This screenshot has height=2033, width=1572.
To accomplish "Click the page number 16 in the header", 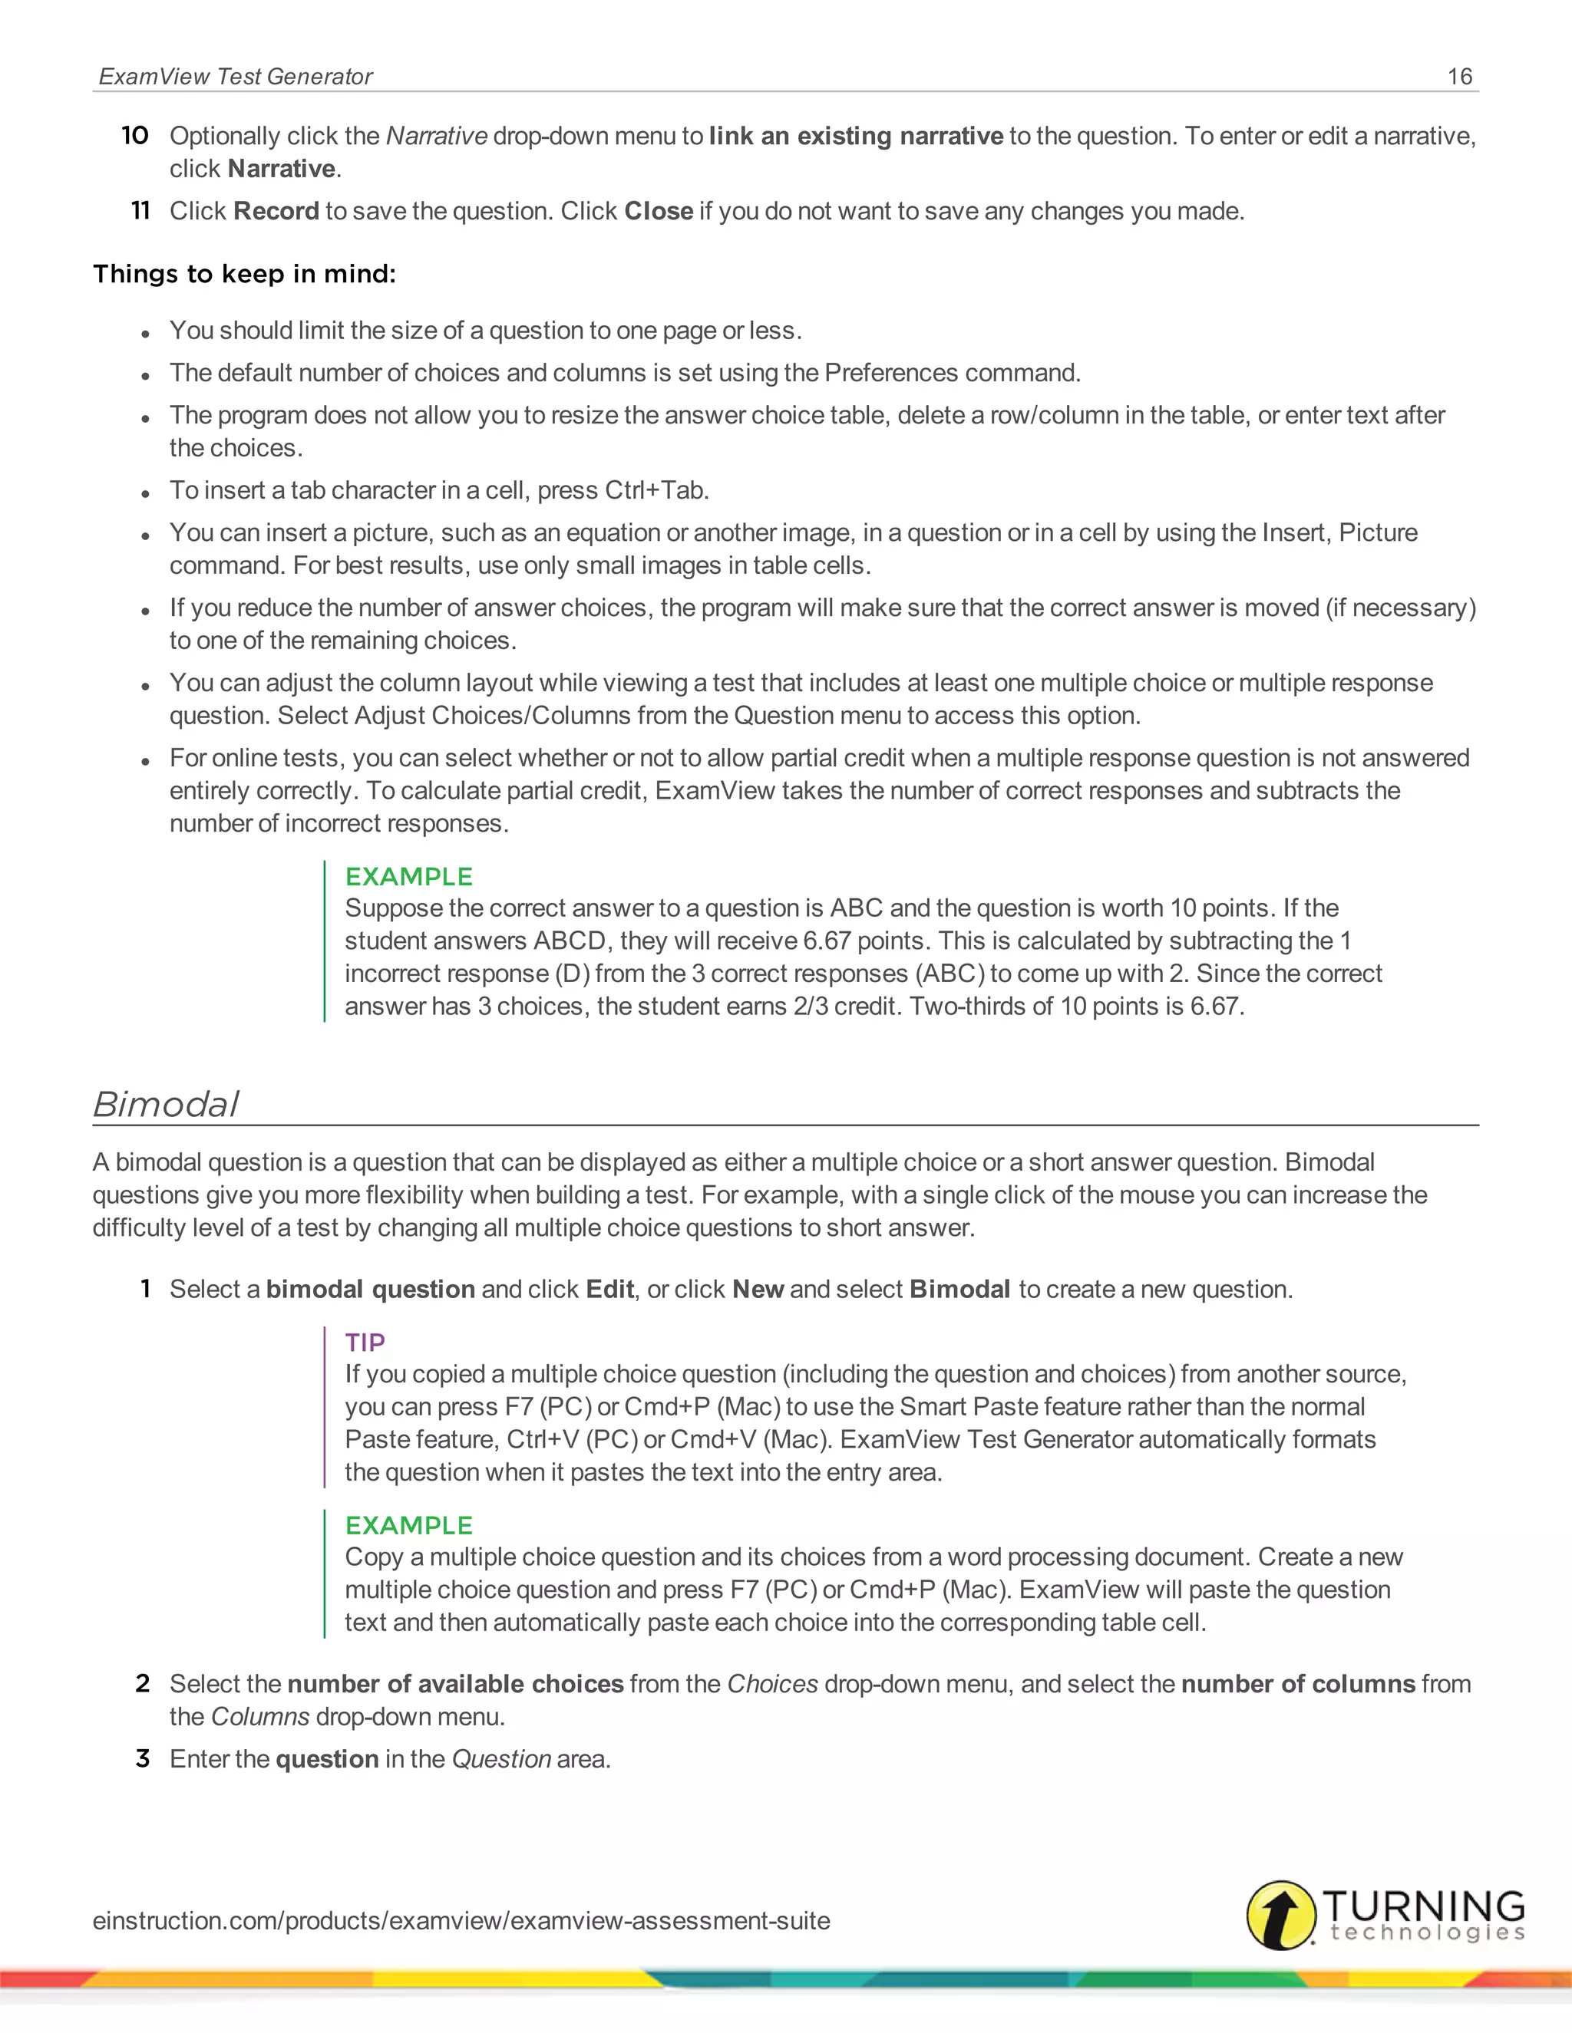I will coord(1459,76).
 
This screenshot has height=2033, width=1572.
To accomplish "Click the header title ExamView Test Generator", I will coord(235,76).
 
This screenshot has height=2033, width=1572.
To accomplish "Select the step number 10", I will coord(135,136).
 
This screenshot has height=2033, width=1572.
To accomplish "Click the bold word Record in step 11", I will coord(276,211).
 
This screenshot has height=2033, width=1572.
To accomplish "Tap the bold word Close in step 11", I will coord(659,211).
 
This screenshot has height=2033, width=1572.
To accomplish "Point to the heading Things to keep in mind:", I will coord(244,274).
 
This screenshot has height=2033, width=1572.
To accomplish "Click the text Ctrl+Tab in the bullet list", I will coord(656,490).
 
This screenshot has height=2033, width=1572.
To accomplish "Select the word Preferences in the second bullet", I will coord(891,374).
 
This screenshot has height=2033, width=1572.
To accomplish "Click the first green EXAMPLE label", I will coord(409,877).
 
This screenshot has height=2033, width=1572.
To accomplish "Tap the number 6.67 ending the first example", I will coord(1214,1007).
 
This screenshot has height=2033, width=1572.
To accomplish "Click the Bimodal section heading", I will coord(166,1104).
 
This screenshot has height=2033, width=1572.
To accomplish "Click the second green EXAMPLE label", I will coord(409,1526).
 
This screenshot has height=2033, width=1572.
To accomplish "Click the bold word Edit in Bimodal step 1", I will coord(609,1290).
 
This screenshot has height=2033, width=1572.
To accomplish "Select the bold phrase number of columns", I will coord(1297,1684).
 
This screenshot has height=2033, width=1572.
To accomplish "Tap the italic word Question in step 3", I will coord(501,1759).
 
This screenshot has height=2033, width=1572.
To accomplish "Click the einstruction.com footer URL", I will coord(461,1920).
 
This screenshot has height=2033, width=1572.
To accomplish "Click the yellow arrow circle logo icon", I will coord(1280,1915).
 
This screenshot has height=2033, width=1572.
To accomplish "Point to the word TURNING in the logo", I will coord(1423,1905).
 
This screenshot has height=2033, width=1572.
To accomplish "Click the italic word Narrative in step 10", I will coord(436,136).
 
